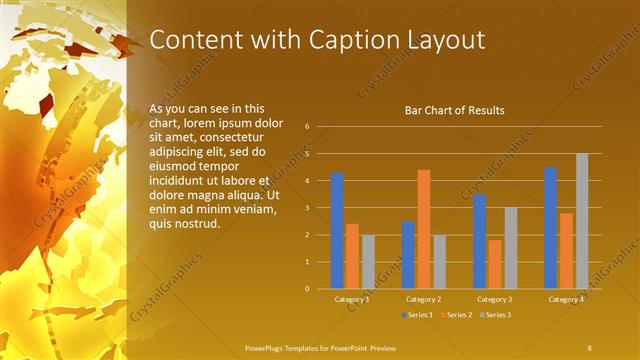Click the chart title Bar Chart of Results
click(454, 110)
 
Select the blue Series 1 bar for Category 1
click(337, 230)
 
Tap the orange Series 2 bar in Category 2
click(424, 229)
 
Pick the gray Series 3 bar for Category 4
click(582, 221)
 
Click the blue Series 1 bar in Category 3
click(480, 241)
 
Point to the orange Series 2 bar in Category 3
click(495, 264)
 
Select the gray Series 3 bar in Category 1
click(368, 261)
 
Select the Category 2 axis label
click(424, 299)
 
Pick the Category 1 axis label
click(352, 299)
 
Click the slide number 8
click(590, 347)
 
